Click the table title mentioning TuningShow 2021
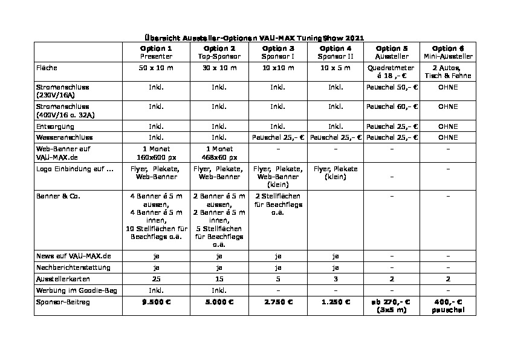click(x=254, y=38)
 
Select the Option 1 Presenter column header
click(x=156, y=52)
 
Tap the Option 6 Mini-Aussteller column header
click(x=449, y=52)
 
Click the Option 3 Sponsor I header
click(x=278, y=52)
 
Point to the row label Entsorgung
click(x=56, y=126)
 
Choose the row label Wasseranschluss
click(x=64, y=137)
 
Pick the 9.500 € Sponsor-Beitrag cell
click(x=156, y=301)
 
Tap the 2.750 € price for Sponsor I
click(x=278, y=301)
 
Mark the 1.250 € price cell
click(x=336, y=301)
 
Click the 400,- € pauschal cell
click(x=449, y=305)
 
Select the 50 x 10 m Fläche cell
click(x=156, y=67)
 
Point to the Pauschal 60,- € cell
click(x=392, y=106)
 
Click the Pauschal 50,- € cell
click(x=392, y=87)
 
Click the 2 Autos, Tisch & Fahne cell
click(x=449, y=71)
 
